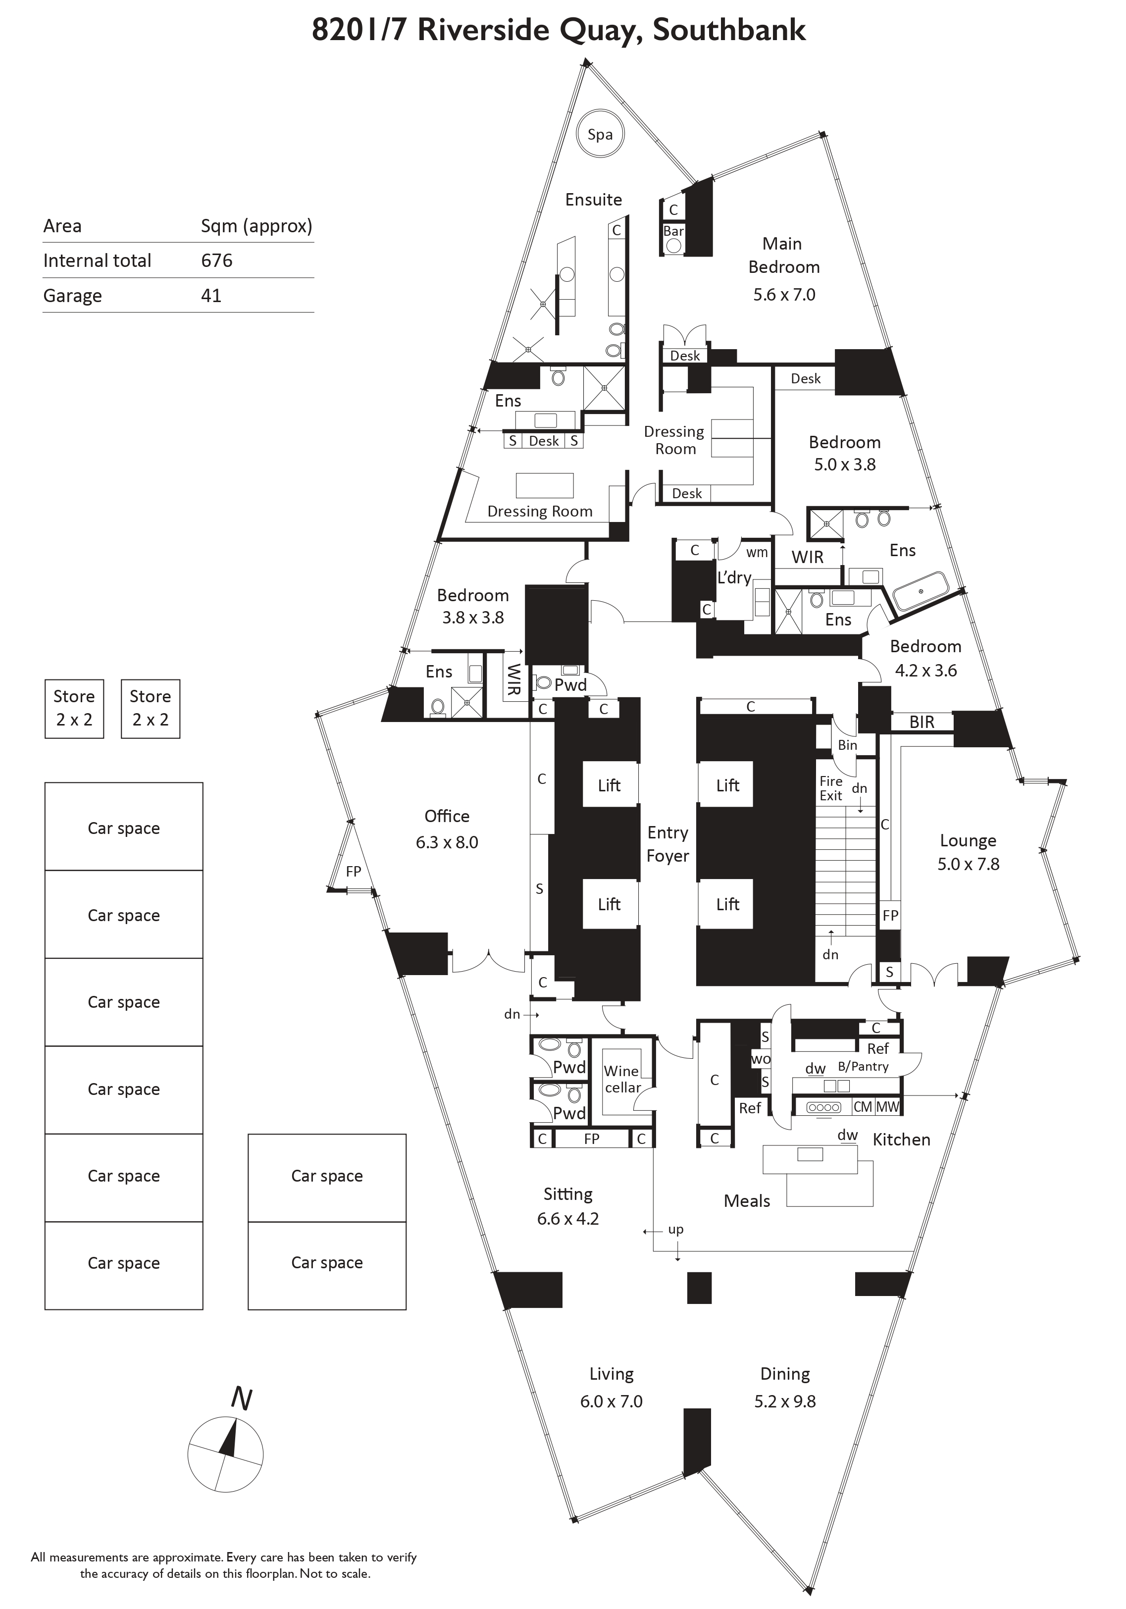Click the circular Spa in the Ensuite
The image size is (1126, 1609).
tap(600, 135)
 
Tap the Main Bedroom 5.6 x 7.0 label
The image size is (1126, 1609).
tap(783, 268)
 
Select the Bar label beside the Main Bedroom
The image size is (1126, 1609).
tap(673, 231)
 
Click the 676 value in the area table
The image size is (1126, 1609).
tap(216, 260)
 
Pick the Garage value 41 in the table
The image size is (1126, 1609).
tap(211, 296)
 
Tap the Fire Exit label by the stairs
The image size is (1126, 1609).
tap(831, 788)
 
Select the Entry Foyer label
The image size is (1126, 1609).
tap(668, 844)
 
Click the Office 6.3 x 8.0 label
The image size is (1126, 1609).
tap(447, 829)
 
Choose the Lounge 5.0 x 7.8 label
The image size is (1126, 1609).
tap(969, 852)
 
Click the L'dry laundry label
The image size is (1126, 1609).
tap(734, 577)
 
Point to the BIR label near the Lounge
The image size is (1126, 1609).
tap(921, 723)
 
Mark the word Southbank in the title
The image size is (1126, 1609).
tap(729, 30)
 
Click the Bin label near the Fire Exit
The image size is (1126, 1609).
tap(847, 745)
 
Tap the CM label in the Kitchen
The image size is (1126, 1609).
tap(863, 1106)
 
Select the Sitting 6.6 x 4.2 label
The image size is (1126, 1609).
tap(567, 1205)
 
